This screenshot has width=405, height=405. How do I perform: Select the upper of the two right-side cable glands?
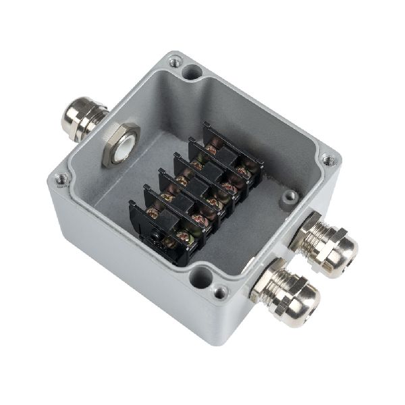click(x=323, y=242)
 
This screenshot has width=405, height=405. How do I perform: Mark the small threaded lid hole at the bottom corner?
click(x=220, y=292)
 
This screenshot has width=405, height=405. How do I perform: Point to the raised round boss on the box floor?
click(x=290, y=196)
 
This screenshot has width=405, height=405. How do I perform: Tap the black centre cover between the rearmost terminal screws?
click(x=227, y=159)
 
